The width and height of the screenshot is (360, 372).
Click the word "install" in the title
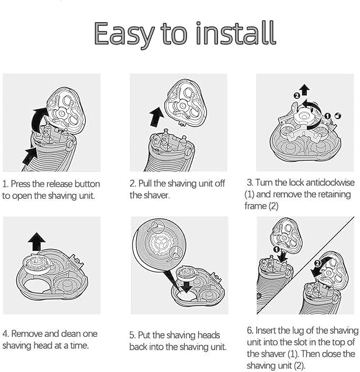[x=236, y=33]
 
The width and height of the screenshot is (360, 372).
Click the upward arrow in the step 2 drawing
[x=156, y=116]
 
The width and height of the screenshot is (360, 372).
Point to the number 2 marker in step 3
[x=297, y=96]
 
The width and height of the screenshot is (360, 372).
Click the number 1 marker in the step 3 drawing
[x=327, y=116]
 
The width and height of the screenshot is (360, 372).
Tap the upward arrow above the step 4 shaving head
[x=36, y=242]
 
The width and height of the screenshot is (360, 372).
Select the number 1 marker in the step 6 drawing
[x=276, y=249]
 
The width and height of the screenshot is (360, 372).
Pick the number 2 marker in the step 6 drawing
[x=317, y=263]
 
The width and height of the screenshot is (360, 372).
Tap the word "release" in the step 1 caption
[x=59, y=184]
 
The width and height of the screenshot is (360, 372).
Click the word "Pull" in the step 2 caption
[x=145, y=184]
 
